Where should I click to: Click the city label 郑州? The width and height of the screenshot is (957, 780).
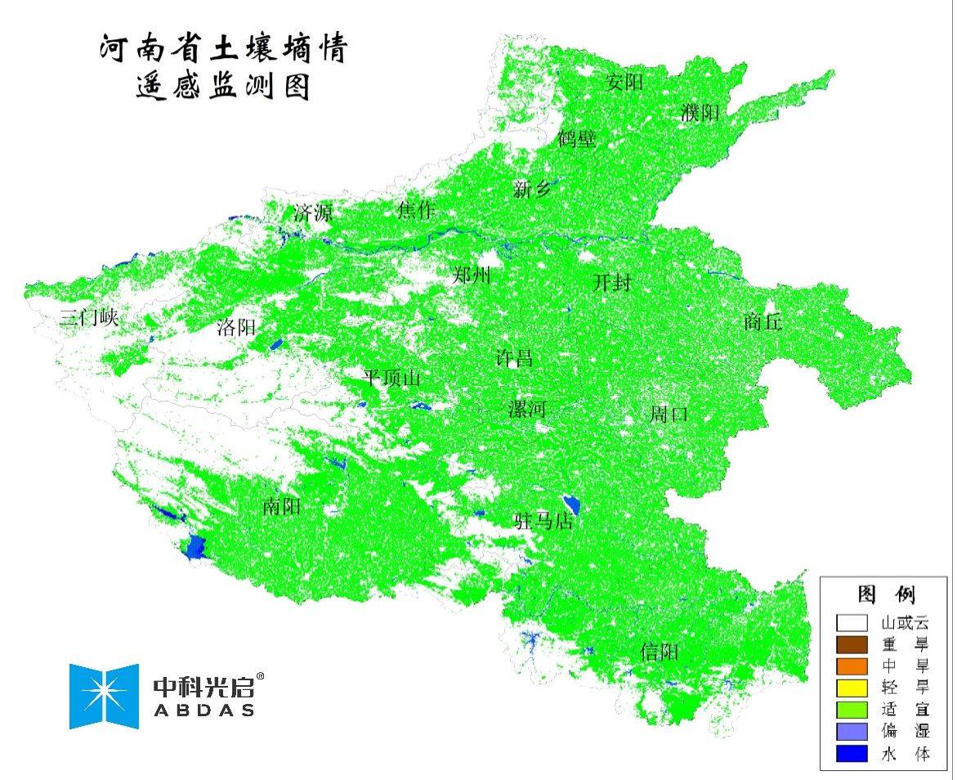tap(472, 276)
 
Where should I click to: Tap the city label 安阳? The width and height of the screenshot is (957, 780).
tap(625, 82)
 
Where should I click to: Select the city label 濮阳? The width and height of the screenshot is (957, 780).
tap(700, 113)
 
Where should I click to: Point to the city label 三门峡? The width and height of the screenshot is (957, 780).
tap(89, 319)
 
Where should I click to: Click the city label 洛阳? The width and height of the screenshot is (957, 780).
tap(236, 329)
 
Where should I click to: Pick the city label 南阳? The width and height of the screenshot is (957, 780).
tap(282, 507)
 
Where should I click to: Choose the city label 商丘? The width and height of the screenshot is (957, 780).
tap(762, 322)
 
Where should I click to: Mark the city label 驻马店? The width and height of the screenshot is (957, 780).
tap(543, 521)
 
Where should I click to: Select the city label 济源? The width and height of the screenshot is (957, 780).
tap(313, 214)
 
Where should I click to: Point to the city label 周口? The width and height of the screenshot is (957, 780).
tap(669, 414)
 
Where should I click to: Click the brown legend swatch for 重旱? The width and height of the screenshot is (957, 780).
tap(852, 645)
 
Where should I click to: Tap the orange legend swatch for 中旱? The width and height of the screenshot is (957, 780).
tap(852, 666)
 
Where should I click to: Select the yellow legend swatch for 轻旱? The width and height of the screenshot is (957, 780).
tap(852, 688)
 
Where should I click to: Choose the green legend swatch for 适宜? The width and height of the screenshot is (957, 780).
tap(852, 710)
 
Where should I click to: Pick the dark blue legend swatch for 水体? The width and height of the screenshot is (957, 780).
tap(852, 753)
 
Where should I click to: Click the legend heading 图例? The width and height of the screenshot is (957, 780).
tap(886, 594)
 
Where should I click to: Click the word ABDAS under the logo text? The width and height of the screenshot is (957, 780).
tap(203, 710)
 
